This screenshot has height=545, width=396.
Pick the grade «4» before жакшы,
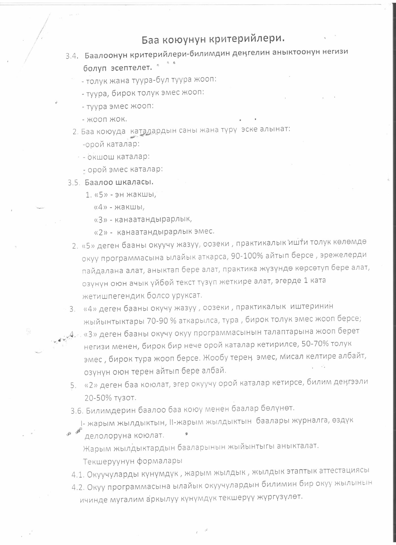[100, 207]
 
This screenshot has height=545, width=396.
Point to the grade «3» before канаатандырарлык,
[100, 219]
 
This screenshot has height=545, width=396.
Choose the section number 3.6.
[77, 410]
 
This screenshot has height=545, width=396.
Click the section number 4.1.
[78, 474]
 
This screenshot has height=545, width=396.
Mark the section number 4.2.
[78, 487]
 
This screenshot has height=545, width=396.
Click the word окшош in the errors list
[99, 157]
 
